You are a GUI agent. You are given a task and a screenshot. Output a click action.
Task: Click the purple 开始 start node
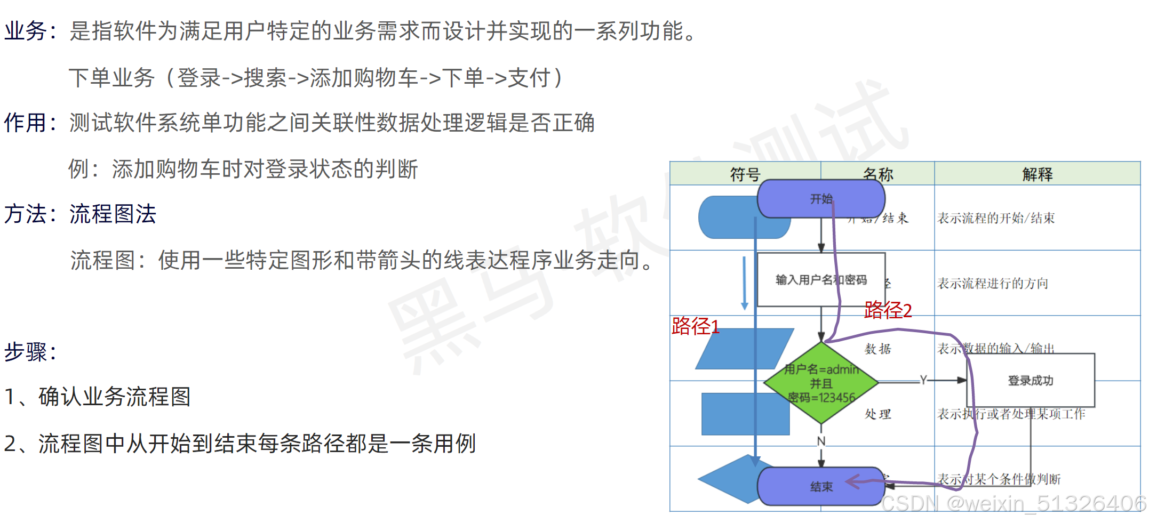[x=820, y=199]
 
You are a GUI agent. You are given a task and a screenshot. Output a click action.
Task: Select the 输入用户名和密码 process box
[x=820, y=280]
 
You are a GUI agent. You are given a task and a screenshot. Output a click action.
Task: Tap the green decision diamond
[x=821, y=383]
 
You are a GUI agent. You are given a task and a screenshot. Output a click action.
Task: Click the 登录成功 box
[x=1030, y=381]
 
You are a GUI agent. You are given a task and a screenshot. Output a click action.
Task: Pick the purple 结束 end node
[x=820, y=486]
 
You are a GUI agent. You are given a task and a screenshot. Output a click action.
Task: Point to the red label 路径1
[x=695, y=326]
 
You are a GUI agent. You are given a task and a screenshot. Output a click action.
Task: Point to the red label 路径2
[x=888, y=310]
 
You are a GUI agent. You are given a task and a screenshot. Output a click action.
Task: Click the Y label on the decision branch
[x=923, y=380]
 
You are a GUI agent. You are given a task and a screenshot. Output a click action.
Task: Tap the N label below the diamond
[x=821, y=441]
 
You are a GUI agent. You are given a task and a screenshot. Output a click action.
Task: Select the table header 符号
[x=745, y=174]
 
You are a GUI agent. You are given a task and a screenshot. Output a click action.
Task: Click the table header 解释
[x=1037, y=174]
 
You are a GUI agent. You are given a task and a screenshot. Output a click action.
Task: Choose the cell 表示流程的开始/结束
[x=996, y=218]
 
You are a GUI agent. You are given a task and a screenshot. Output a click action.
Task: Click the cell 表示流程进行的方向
[x=993, y=283]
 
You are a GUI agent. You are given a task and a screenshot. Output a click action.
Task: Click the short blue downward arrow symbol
[x=744, y=283]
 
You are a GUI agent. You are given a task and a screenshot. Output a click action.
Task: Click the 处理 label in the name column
[x=877, y=414]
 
